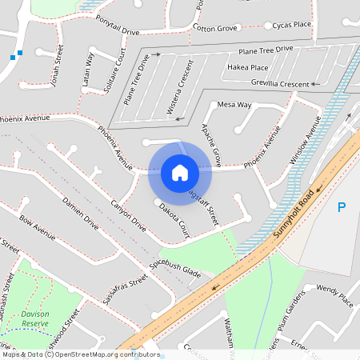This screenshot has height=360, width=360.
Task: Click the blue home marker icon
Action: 179,172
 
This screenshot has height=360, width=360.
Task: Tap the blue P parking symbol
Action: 342,208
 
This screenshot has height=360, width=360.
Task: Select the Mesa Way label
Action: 234,105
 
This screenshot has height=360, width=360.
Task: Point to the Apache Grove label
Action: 210,139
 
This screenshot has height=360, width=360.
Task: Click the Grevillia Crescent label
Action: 279,83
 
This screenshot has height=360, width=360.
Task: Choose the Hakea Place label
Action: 247,67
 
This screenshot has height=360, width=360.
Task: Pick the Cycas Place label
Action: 291,25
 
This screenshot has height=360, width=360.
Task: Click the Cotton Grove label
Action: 216,28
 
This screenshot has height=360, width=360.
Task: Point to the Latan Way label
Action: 90,67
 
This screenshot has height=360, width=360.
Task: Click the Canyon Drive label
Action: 128,215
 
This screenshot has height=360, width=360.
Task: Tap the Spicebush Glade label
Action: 174,266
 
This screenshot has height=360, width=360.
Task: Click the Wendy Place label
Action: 334,294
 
